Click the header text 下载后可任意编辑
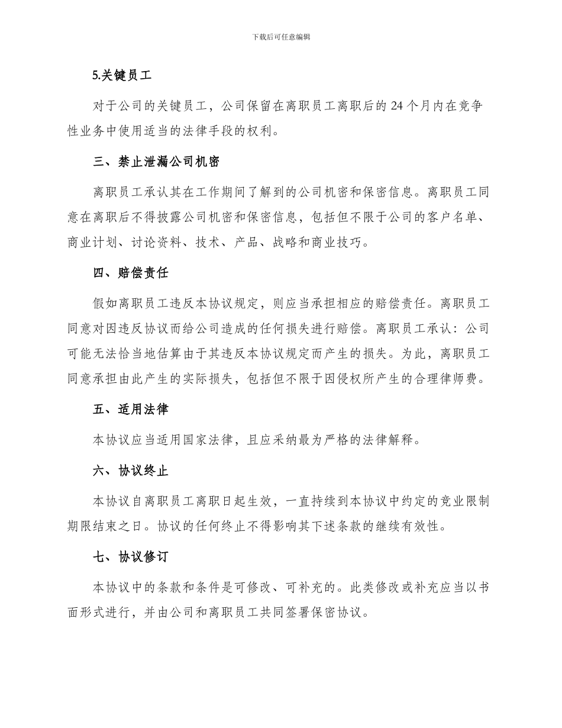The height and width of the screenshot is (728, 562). coord(281,37)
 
